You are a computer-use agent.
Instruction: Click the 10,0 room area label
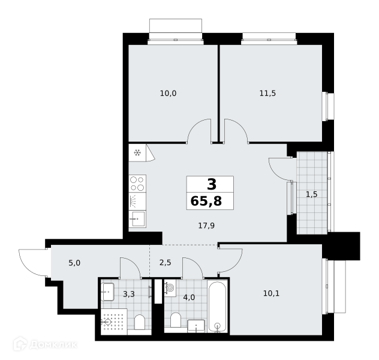point(169,94)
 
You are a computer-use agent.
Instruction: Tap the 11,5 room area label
point(267,94)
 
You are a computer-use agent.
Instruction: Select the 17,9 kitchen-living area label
point(206,226)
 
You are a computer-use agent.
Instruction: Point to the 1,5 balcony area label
point(312,194)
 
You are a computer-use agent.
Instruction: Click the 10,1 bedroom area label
point(271,293)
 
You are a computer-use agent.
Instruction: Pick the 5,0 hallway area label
point(74,263)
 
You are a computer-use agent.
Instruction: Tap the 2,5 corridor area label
point(166,263)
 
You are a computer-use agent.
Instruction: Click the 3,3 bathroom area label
point(129,294)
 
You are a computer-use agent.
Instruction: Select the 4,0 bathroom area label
point(189,298)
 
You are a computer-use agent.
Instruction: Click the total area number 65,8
point(206,201)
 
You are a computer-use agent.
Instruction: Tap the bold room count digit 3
point(212,184)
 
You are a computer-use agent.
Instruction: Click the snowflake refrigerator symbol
point(137,153)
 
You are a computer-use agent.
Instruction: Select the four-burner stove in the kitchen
point(137,184)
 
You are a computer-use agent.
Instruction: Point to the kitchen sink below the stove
point(137,219)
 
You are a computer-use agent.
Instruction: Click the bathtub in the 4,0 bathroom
point(218,306)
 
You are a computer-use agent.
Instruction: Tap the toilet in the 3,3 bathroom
point(140,322)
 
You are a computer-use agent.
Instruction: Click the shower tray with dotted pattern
point(114,322)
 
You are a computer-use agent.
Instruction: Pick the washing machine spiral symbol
point(170,288)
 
